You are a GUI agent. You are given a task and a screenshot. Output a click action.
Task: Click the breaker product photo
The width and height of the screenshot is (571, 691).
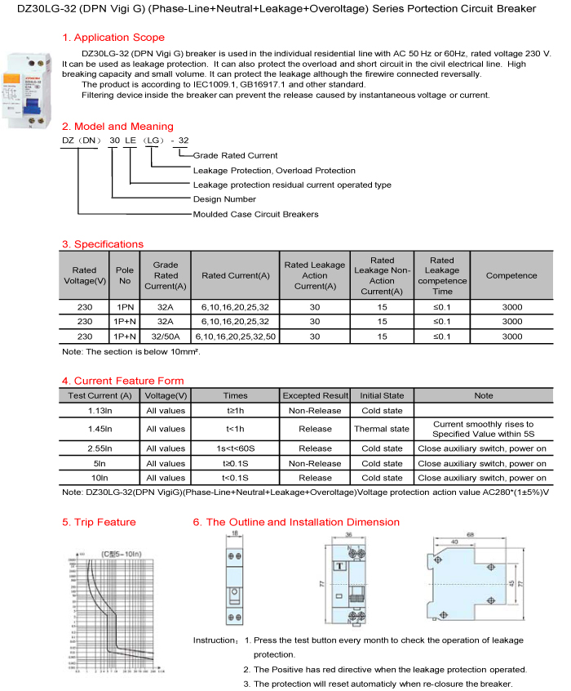[x=28, y=89]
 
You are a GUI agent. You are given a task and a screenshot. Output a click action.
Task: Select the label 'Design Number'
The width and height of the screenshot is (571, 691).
[x=224, y=199]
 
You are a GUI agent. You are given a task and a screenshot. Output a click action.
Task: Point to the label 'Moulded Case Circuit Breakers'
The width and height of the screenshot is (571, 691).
[x=255, y=214]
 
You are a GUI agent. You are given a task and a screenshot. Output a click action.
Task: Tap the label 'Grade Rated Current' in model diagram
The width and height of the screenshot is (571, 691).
[x=235, y=155]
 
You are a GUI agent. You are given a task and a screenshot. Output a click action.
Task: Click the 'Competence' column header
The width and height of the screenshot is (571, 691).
[x=511, y=276]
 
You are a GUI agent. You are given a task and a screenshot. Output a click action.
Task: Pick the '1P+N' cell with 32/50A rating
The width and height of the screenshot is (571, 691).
[x=125, y=336]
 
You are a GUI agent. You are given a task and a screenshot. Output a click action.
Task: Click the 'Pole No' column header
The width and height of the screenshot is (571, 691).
[x=125, y=276]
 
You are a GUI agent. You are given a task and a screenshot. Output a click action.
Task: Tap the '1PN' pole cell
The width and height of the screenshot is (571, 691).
[x=125, y=306]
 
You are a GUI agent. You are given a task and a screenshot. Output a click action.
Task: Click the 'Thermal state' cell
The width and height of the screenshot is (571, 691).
[x=381, y=429]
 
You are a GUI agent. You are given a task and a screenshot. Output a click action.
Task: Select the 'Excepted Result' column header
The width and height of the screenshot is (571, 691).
[x=315, y=395]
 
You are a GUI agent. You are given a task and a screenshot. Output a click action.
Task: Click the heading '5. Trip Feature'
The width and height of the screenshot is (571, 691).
[x=99, y=522]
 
